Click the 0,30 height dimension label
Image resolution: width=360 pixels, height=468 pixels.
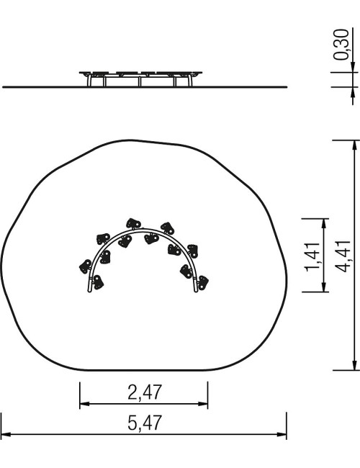pos(341,44)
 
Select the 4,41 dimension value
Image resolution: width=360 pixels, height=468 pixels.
pos(343,256)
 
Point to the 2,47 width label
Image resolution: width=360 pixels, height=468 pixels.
pos(145,392)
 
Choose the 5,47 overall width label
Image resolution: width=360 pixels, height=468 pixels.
pos(145,423)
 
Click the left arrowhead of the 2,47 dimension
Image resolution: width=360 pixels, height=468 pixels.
pos(84,404)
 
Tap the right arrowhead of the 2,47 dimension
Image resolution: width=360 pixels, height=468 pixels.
pos(203,404)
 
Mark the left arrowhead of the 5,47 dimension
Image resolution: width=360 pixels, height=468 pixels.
pos(6,434)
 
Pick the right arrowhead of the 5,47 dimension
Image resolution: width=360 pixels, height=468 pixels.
pos(282,434)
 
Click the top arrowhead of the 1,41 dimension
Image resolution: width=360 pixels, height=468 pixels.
pos(324,223)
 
